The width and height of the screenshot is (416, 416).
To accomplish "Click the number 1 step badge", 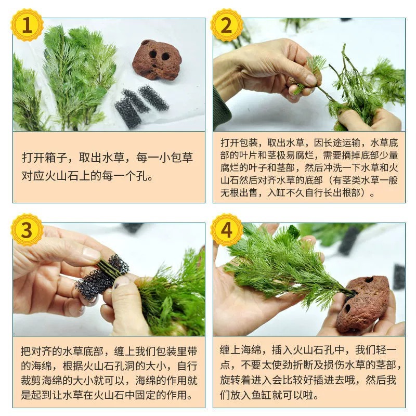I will point(27,25).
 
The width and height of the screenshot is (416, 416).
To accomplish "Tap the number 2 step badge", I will point(226,25).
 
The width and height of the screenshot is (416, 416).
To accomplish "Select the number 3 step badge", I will point(27,229).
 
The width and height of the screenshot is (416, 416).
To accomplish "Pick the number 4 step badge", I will point(226,229).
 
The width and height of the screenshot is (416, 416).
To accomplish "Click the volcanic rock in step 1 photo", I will point(157,60).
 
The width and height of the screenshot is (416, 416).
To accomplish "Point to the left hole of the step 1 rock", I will point(153,54).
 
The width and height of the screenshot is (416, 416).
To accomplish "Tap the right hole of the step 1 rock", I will point(165,56).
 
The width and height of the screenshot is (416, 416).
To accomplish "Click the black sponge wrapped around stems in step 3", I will point(101,276).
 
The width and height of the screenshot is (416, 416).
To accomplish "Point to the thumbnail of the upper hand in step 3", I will point(92,254).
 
